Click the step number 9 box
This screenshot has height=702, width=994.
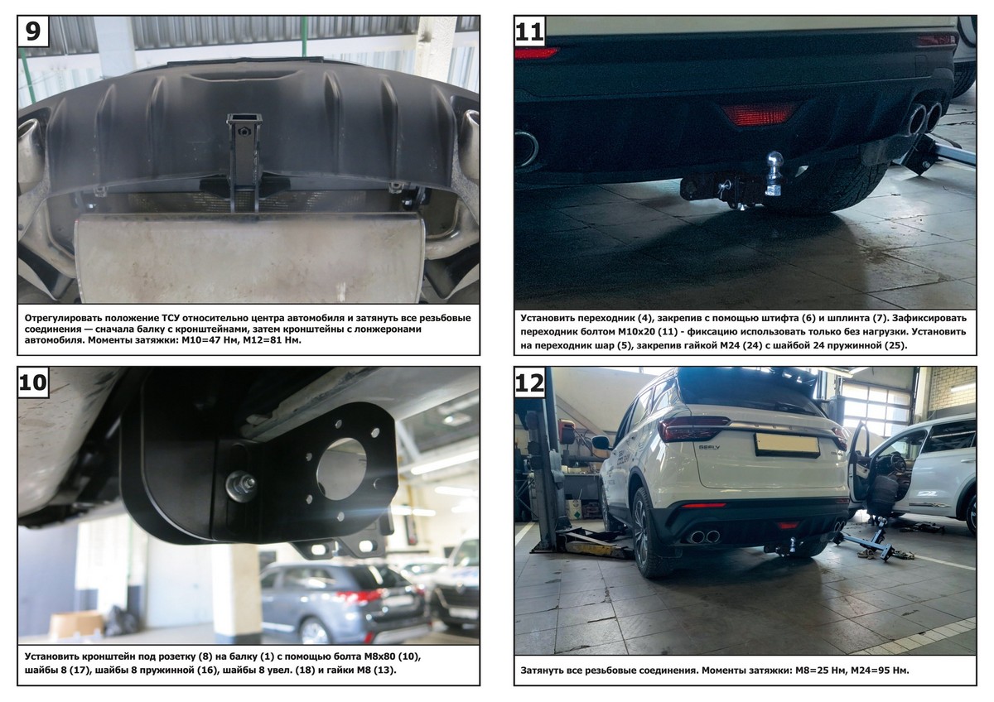coord(33,31)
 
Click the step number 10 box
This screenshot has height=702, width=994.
coord(33,382)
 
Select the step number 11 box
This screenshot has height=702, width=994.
coord(530,31)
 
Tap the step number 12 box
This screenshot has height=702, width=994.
coord(530,382)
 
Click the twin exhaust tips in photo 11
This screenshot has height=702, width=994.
coord(924,117)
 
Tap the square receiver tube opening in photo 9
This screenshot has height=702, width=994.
coord(244,120)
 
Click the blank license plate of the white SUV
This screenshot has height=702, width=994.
coord(787,445)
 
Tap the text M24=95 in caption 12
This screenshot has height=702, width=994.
coord(880,670)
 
